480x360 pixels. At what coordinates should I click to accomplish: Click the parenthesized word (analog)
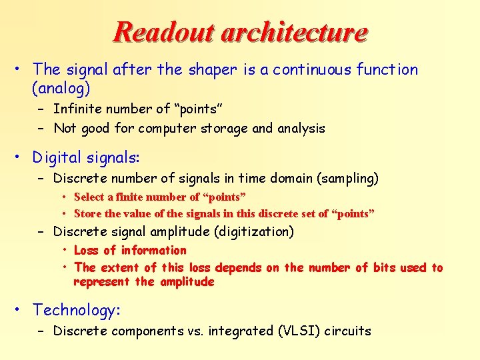tap(61, 87)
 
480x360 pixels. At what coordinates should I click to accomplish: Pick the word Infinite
tap(77, 109)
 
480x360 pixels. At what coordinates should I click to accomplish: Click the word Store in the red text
tap(87, 214)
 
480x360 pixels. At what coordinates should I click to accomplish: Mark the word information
tap(154, 251)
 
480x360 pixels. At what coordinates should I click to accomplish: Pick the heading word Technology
tap(73, 310)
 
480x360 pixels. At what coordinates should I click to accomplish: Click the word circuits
tap(347, 331)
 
